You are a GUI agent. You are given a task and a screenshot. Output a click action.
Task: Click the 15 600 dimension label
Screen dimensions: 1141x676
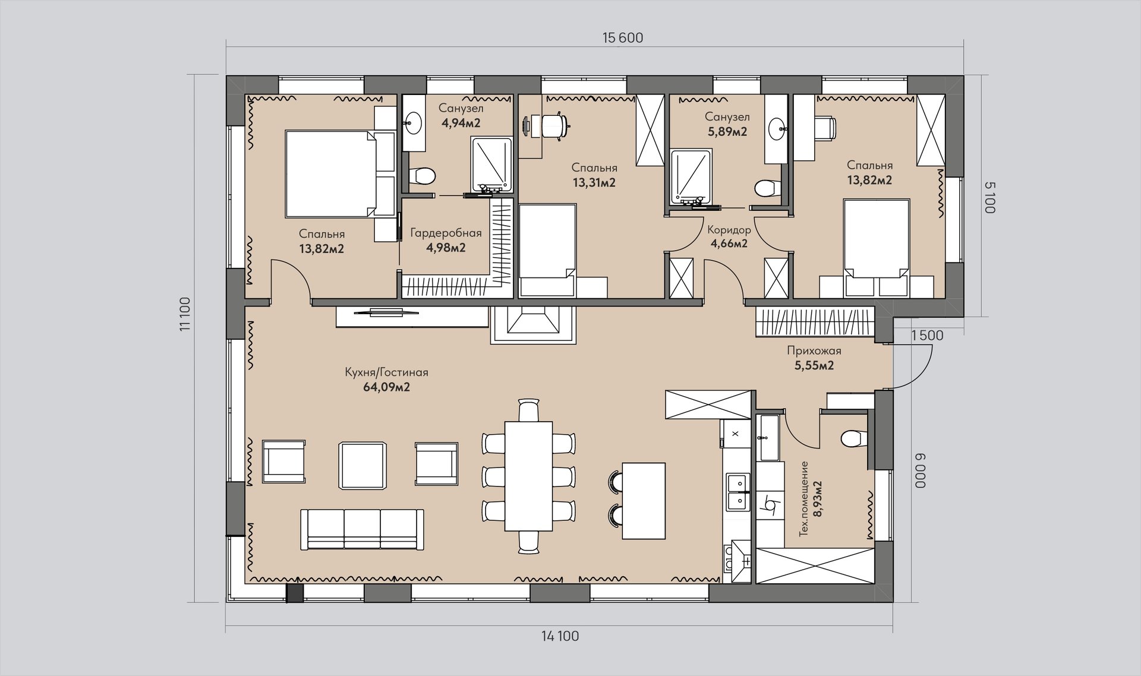point(622,38)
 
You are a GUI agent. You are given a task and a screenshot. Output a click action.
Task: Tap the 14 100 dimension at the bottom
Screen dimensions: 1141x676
point(560,636)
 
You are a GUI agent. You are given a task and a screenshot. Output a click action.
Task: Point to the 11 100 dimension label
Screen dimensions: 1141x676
point(185,314)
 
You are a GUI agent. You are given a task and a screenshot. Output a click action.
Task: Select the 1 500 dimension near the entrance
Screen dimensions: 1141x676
point(927,335)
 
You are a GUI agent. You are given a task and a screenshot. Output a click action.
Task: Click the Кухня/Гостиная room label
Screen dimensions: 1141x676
point(386,372)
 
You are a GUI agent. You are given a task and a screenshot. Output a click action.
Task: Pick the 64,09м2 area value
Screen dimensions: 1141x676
point(386,387)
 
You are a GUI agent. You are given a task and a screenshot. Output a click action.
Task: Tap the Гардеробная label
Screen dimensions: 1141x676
point(446,233)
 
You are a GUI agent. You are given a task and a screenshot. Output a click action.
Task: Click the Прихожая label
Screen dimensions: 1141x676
point(814,350)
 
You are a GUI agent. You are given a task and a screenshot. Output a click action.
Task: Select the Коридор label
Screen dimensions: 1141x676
point(729,230)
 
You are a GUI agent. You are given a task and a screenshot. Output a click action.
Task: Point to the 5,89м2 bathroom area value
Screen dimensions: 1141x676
point(727,132)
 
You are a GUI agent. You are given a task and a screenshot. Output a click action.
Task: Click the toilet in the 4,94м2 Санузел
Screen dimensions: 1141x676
point(423,176)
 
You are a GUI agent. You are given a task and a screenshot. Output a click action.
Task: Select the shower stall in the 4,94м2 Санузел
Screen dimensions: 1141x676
point(491,165)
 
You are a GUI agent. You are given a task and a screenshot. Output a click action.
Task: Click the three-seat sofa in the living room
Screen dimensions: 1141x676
point(363,529)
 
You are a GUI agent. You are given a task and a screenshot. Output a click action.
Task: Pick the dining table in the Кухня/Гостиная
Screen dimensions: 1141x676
point(528,476)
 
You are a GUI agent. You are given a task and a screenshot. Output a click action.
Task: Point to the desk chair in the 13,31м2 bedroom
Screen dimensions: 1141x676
point(557,127)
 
